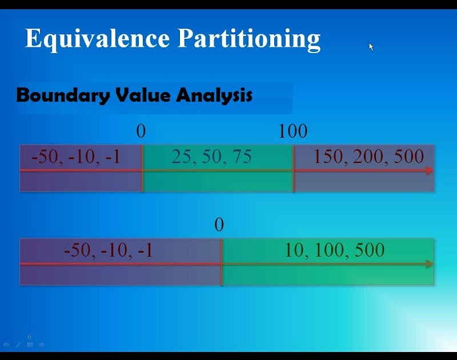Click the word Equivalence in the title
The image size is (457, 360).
point(98,38)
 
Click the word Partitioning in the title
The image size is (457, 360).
point(248,39)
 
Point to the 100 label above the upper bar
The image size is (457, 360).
point(292,131)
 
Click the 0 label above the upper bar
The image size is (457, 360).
point(141,131)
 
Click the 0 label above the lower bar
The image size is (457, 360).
point(219,225)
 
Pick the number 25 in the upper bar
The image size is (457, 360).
point(181,157)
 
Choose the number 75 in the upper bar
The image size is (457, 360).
point(241,157)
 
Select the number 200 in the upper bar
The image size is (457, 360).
point(369,157)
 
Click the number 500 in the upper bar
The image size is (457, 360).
point(408,157)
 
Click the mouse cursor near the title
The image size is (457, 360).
point(371,47)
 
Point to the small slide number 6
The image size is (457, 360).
point(30,337)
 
